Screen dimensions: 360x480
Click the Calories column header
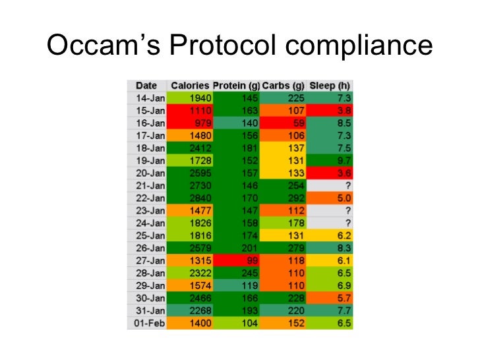(x=190, y=86)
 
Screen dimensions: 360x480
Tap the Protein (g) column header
(x=237, y=86)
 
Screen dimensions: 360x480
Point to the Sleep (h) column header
(x=330, y=86)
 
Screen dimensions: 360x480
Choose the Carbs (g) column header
(x=283, y=86)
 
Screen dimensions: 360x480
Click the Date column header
(x=146, y=86)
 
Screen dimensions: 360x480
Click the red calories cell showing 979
(x=200, y=123)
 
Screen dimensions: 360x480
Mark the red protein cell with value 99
(x=250, y=261)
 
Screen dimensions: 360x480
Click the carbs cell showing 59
(x=297, y=123)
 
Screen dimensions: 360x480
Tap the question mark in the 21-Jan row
(x=347, y=186)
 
